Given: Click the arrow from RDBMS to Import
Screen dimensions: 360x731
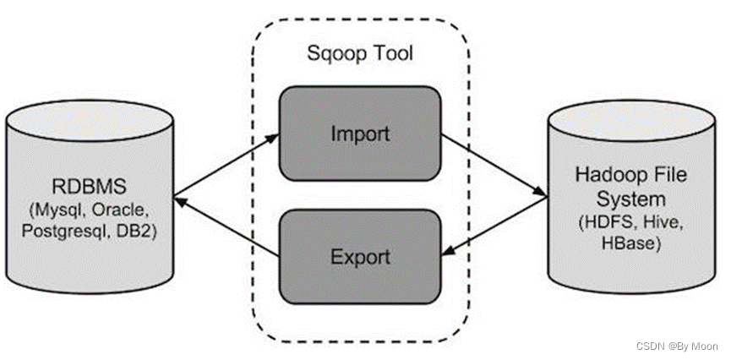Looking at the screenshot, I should [226, 164].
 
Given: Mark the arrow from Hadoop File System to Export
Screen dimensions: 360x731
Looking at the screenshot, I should [494, 224].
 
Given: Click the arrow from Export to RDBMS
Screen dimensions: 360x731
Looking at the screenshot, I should [226, 226].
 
